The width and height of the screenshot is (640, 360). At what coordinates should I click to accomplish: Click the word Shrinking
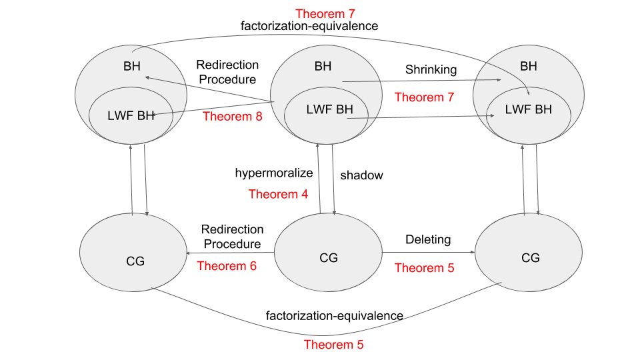(x=431, y=70)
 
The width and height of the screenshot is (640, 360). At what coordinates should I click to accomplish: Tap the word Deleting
(x=428, y=239)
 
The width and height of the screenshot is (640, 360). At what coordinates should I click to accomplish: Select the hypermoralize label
(x=274, y=173)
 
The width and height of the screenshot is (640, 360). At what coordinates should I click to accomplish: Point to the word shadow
(x=361, y=175)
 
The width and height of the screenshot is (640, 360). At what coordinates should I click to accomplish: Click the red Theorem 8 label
(x=233, y=116)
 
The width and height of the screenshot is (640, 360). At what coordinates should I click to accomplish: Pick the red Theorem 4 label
(x=279, y=194)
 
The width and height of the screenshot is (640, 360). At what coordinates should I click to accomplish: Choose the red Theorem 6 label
(x=227, y=266)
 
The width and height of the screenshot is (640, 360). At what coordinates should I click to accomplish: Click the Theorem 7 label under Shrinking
(x=424, y=97)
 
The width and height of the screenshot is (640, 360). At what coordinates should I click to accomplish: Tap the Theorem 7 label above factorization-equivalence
(x=325, y=14)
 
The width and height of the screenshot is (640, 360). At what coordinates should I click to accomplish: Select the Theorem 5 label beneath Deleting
(x=424, y=268)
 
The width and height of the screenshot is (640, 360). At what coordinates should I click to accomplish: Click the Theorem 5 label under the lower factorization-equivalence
(x=333, y=345)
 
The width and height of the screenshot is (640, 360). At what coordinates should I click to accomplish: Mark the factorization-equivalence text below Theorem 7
(x=309, y=26)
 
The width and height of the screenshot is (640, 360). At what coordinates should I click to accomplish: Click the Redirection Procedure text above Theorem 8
(x=227, y=72)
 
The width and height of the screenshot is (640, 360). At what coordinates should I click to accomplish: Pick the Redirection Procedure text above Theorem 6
(x=232, y=236)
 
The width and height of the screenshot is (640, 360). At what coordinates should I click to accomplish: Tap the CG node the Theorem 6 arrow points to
(x=133, y=252)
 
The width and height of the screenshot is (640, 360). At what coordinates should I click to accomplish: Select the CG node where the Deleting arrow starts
(x=328, y=252)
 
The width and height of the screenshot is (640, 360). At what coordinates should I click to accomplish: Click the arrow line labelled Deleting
(x=429, y=252)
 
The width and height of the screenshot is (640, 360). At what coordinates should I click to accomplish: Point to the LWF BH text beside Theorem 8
(x=131, y=115)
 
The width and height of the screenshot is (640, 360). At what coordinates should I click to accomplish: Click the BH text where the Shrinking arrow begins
(x=323, y=66)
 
